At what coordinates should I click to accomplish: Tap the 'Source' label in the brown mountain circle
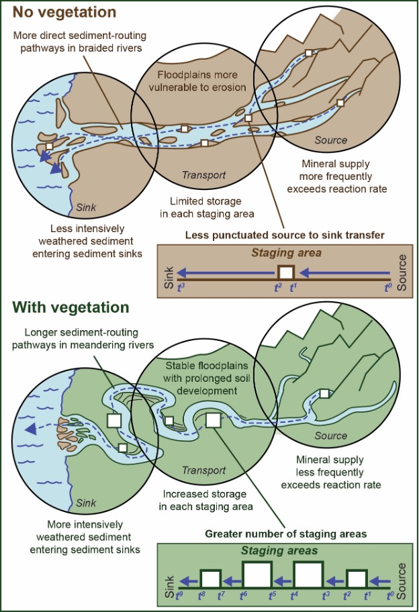click(331, 140)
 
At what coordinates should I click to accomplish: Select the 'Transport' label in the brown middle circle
click(203, 176)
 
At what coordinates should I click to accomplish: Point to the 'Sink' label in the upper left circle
click(88, 208)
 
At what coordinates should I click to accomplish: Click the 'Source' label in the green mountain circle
click(330, 436)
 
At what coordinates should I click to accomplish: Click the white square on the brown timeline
click(287, 272)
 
